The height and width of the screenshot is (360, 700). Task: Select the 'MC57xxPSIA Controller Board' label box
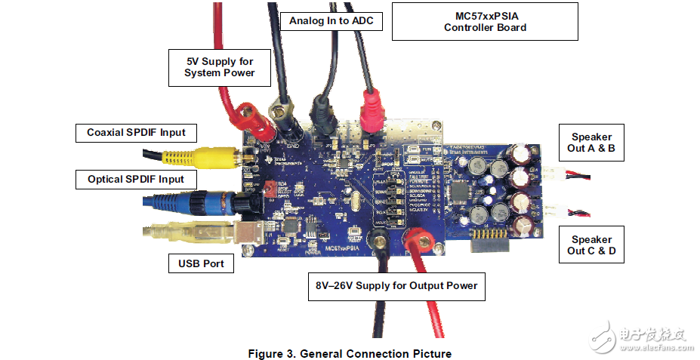coord(484,21)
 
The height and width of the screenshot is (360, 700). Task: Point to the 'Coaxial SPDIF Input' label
coord(136,133)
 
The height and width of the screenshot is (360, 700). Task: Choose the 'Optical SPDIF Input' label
coord(136,180)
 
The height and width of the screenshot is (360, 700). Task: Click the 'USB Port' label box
coord(201,264)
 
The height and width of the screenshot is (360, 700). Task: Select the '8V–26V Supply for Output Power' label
coord(396,286)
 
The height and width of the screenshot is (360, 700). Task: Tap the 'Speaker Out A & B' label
coord(592,143)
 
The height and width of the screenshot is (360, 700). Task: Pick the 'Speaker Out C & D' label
coord(591,245)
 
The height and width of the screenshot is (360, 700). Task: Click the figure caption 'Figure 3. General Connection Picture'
coord(350,353)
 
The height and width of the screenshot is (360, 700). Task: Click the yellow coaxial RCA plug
coord(214,157)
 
